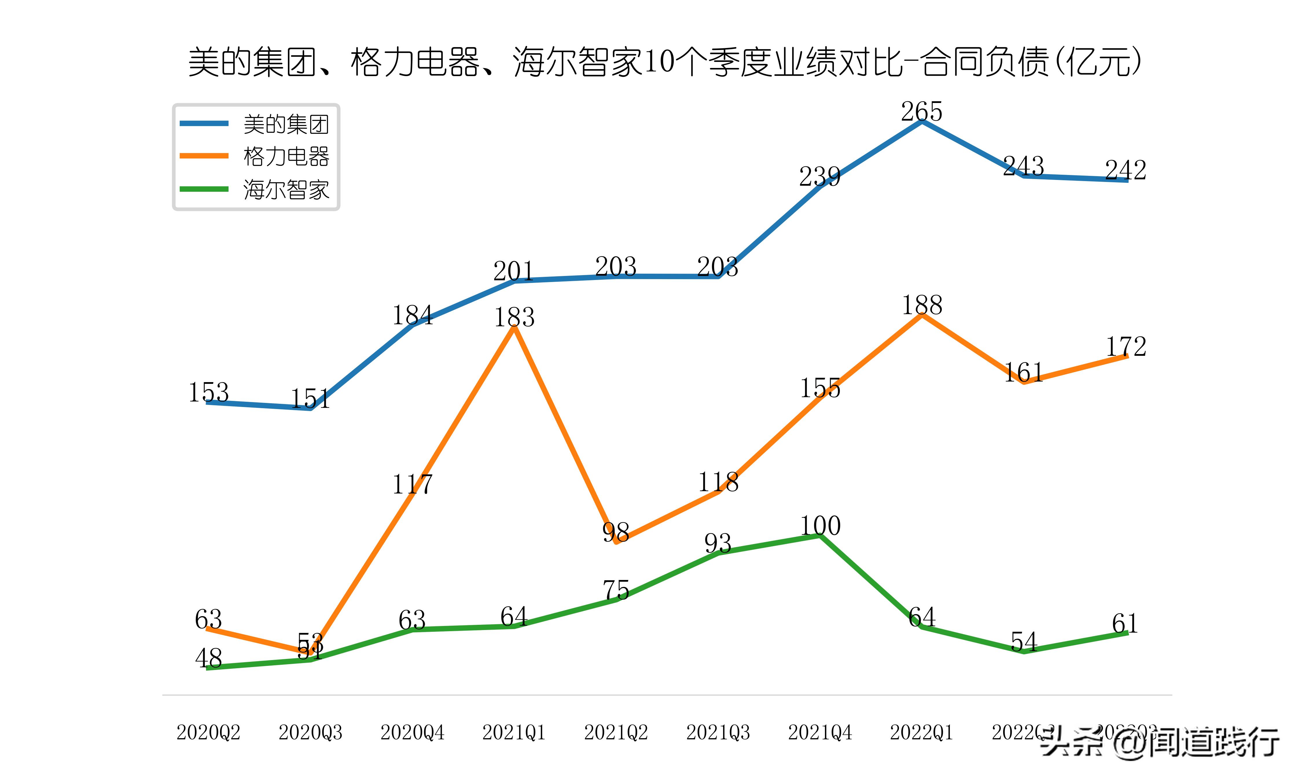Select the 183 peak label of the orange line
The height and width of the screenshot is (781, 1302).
click(x=514, y=317)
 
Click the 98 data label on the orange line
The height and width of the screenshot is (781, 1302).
click(x=616, y=533)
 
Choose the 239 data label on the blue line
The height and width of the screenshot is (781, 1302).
click(x=820, y=176)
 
